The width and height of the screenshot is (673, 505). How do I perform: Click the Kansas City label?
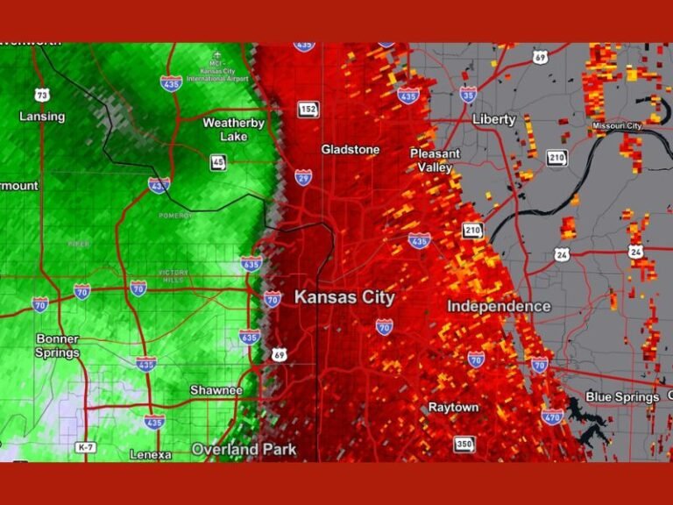[344, 298]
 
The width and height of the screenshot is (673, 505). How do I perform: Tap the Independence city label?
[499, 306]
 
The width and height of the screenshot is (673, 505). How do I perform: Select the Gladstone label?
[351, 150]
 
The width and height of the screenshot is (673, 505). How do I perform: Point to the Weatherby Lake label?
[234, 129]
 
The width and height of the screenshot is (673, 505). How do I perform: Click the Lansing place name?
[42, 117]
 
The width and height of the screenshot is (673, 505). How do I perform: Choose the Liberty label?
[494, 119]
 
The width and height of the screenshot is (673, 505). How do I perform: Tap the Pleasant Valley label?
[436, 160]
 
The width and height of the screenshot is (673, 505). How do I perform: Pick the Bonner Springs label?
[58, 345]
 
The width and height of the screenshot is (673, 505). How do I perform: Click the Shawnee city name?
[216, 389]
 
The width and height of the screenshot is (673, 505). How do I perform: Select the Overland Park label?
[244, 450]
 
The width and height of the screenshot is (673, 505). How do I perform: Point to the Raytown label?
[453, 408]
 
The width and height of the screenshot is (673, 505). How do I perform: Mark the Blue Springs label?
[622, 397]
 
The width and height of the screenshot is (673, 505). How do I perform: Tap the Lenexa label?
[150, 454]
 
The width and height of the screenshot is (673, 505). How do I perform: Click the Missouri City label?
[617, 125]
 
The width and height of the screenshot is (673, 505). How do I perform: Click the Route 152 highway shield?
[308, 110]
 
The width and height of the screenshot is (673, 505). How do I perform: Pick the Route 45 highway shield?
[217, 162]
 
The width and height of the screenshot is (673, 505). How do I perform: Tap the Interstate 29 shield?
[303, 177]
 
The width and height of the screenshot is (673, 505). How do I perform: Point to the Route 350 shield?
[464, 445]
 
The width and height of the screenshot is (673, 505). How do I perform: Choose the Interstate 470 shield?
[552, 416]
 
